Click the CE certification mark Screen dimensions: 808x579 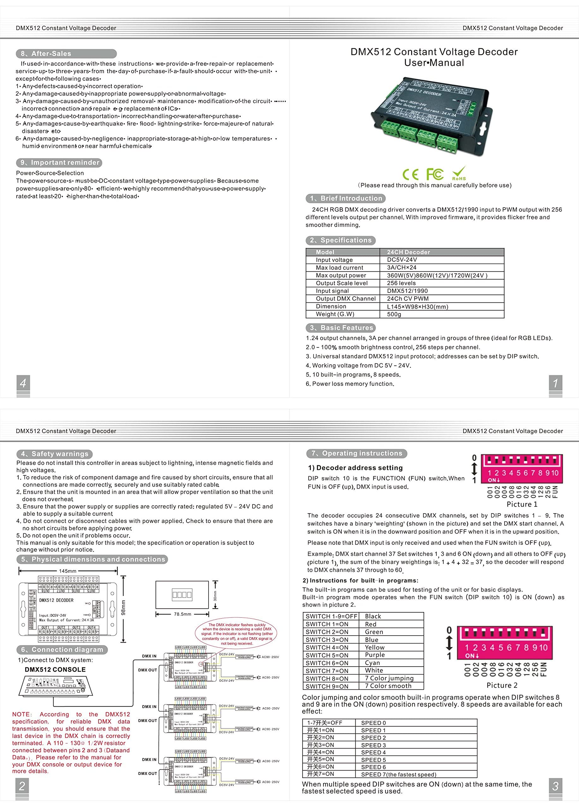(x=410, y=174)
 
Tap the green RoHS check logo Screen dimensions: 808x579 (x=459, y=173)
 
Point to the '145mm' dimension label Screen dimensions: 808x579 (x=68, y=571)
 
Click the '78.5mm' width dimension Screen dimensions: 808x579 (x=182, y=614)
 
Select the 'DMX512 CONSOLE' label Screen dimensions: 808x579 (x=55, y=669)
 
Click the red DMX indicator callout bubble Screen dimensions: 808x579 (x=236, y=634)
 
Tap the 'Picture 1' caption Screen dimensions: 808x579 (x=522, y=504)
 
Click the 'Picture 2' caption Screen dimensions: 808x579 (x=502, y=685)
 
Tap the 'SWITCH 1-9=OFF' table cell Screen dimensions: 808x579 (x=331, y=616)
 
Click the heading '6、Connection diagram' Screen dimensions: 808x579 (x=62, y=650)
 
